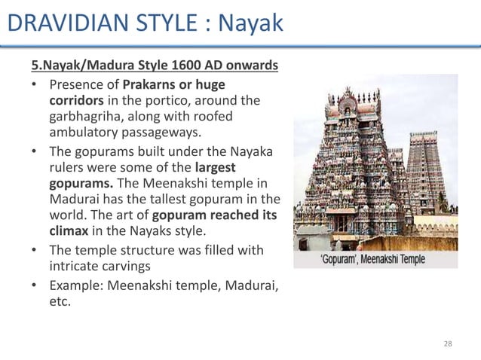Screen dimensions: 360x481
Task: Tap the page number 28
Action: coord(448,343)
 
